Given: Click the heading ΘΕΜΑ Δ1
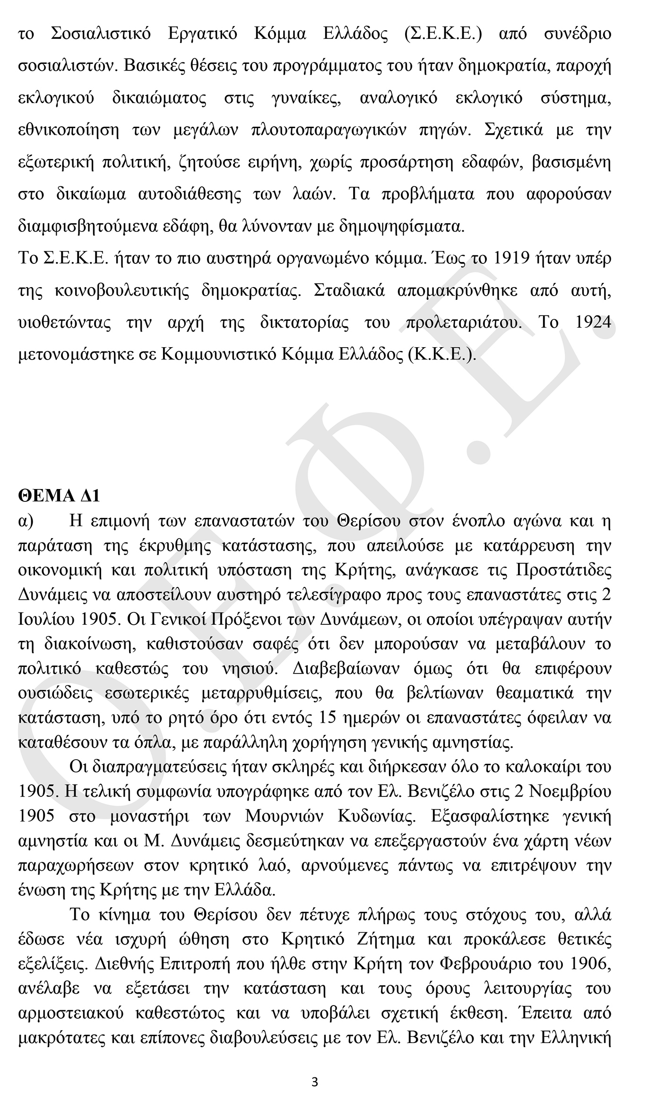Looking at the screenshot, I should [x=59, y=496].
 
